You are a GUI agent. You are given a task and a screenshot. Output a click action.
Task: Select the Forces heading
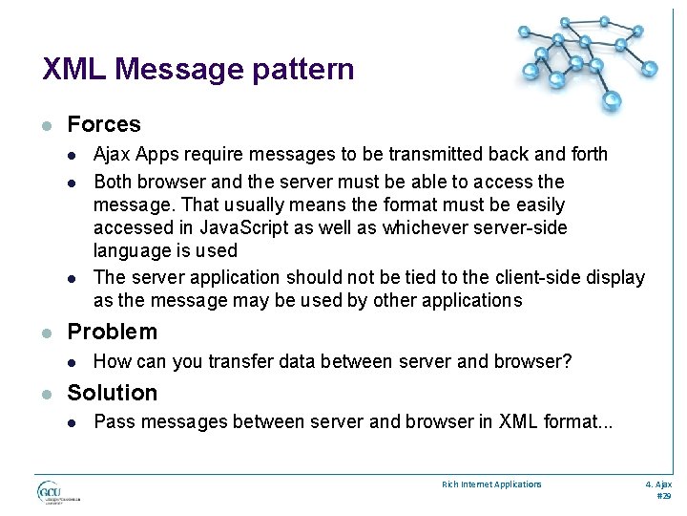tap(104, 124)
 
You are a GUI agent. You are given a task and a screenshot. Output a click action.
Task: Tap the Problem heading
tap(112, 332)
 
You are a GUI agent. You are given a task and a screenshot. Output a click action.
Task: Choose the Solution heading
tap(112, 393)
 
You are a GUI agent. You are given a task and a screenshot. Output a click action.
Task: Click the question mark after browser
tap(567, 361)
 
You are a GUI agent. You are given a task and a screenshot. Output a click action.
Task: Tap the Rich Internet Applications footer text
tap(491, 484)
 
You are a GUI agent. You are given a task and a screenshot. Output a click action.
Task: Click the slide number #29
tap(664, 496)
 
